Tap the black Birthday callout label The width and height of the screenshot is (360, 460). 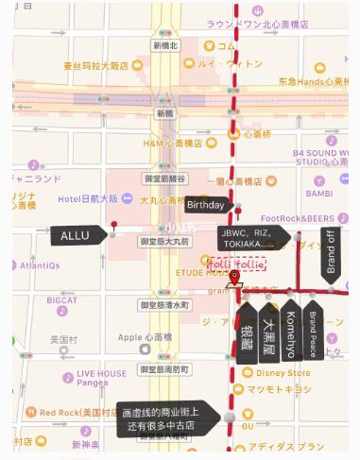tap(205, 205)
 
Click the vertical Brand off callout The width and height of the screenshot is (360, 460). tap(331, 251)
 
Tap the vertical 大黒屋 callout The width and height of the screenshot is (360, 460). tap(268, 332)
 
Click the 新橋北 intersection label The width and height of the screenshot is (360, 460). tap(165, 45)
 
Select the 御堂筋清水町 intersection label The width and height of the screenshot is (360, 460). tap(164, 305)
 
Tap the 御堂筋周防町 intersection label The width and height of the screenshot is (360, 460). tap(164, 368)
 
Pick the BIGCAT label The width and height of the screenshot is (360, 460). tap(62, 300)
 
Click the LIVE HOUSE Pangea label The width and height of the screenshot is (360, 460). tap(101, 378)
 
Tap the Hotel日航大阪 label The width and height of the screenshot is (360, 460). tap(88, 198)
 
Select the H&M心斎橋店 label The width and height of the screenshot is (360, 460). tap(173, 143)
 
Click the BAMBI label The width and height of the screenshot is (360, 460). tap(319, 194)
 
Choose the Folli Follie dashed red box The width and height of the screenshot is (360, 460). tap(231, 264)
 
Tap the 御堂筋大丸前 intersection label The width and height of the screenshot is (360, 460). tap(164, 242)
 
